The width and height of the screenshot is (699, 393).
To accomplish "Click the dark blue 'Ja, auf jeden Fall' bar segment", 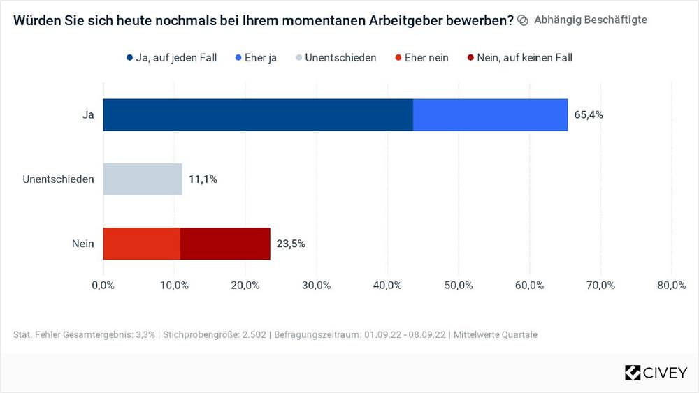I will click(258, 114).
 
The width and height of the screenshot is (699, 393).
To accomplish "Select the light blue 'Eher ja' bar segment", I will click(490, 114).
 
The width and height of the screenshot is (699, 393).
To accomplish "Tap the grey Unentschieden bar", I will click(143, 179).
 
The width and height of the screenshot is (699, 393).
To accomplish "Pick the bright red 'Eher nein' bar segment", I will click(142, 244).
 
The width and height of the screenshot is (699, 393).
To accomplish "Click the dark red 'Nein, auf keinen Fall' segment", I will click(225, 244).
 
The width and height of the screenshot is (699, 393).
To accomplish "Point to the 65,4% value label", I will click(588, 115).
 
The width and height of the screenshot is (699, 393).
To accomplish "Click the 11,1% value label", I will click(203, 179).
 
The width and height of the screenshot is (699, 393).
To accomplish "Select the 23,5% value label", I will click(291, 244).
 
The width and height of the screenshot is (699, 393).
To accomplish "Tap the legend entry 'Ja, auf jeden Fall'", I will click(172, 58).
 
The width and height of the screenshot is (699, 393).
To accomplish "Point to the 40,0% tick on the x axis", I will click(387, 285).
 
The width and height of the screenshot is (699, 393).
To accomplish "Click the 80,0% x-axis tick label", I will click(671, 285).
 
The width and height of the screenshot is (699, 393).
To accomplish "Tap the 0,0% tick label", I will click(103, 285).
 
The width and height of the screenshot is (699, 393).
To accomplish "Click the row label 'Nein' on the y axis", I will click(82, 244).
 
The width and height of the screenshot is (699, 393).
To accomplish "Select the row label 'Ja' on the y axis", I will click(87, 115).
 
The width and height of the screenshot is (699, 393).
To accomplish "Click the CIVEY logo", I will click(655, 373).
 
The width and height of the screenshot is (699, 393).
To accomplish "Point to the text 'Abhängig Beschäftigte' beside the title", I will click(590, 20).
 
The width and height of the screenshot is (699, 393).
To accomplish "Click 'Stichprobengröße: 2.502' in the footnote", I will click(215, 335).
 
